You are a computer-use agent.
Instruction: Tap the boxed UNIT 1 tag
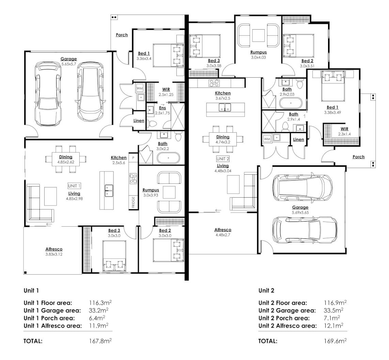(74, 186)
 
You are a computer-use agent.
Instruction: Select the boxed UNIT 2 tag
(223, 159)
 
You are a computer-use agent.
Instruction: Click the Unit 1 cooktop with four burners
(133, 178)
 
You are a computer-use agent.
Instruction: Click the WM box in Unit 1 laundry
(140, 88)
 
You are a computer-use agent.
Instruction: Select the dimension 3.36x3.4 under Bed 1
(144, 59)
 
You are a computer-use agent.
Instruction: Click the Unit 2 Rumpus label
(258, 52)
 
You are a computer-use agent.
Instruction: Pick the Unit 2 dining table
(223, 139)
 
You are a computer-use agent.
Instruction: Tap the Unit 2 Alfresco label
(223, 230)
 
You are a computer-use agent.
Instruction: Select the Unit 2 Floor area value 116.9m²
(335, 302)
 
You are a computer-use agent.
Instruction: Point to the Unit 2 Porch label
(358, 157)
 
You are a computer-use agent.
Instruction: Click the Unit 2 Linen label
(298, 140)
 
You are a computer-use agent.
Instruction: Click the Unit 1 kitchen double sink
(109, 191)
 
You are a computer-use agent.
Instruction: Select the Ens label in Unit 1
(162, 108)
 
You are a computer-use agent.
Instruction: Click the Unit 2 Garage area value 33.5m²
(333, 310)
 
